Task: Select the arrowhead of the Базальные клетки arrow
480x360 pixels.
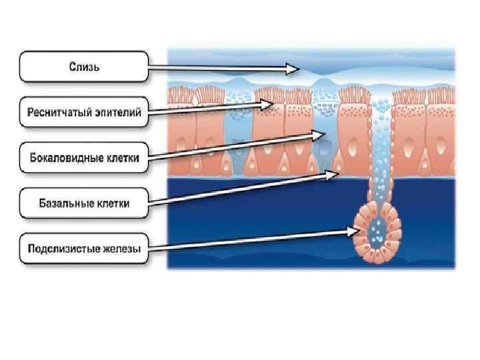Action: tap(334, 175)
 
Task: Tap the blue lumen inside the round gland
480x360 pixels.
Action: tap(378, 233)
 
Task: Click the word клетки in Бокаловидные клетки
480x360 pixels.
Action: tap(120, 159)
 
